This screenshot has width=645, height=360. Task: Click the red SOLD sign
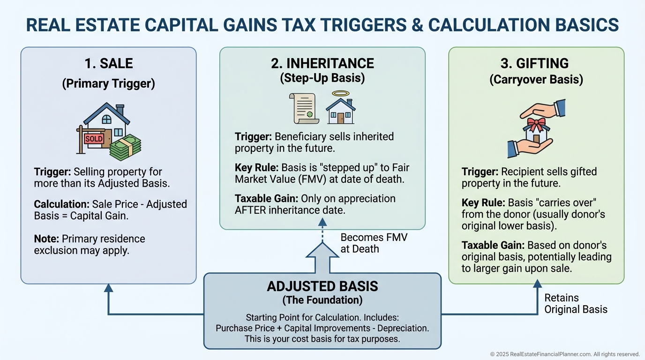tap(94, 139)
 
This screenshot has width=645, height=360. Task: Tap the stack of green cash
tap(125, 147)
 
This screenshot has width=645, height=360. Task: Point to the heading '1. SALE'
tap(108, 63)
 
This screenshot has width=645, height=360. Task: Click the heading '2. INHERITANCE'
tap(322, 63)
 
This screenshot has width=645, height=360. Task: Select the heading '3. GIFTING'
tap(536, 63)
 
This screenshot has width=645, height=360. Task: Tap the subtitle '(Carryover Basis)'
tap(536, 80)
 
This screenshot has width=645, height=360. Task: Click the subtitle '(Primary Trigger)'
tap(108, 83)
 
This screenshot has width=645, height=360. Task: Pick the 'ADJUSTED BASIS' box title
tap(322, 286)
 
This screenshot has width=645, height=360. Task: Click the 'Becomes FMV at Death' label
tap(374, 243)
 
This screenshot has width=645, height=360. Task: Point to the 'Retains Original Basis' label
tap(575, 303)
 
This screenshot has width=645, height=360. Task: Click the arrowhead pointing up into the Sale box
tap(108, 287)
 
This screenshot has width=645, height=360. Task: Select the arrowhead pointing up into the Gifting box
tap(537, 283)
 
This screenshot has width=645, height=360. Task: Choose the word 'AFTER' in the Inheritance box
tap(250, 210)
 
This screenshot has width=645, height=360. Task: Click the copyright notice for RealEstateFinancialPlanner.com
tap(565, 354)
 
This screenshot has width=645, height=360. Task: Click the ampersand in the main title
tap(404, 25)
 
